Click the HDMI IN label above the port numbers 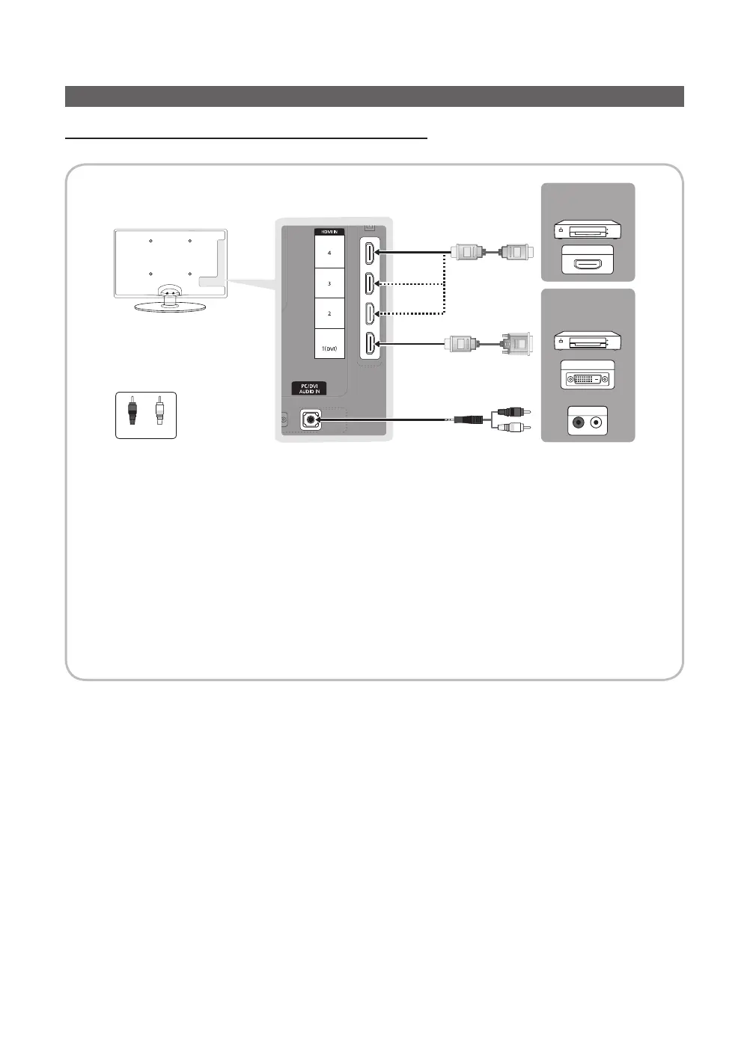(x=329, y=233)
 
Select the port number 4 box (x=329, y=253)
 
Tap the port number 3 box (x=329, y=283)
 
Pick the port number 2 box (x=329, y=313)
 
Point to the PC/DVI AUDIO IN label (x=310, y=389)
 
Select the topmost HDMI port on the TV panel (x=370, y=253)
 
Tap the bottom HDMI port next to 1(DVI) (x=370, y=344)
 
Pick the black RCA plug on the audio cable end (x=510, y=411)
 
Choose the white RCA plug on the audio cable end (x=510, y=428)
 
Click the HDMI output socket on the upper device (x=588, y=263)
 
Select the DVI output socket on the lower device (x=588, y=378)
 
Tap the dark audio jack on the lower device (x=578, y=422)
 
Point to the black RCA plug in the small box (x=132, y=411)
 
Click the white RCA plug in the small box (x=159, y=411)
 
